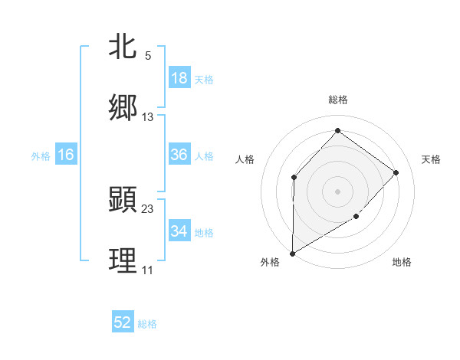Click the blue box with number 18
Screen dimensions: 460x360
coord(179,78)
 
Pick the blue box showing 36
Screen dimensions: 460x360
coord(179,155)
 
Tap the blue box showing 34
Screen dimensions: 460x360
coord(179,231)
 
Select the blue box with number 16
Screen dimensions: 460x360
coord(66,155)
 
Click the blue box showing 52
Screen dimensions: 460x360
coord(123,322)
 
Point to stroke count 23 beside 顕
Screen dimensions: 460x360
coord(148,208)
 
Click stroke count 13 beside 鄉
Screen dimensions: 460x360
coord(148,116)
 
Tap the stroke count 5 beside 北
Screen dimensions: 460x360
coord(148,55)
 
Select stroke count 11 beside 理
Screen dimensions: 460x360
coord(148,270)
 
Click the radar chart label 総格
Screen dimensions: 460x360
coord(337,100)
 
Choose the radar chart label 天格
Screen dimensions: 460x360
coord(431,159)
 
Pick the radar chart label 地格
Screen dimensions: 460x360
coord(402,262)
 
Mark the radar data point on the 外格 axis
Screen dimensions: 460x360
coord(292,253)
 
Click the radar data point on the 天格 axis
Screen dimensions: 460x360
coord(396,172)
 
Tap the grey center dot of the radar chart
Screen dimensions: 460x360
coord(337,191)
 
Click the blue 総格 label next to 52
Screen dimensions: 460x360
coord(147,324)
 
